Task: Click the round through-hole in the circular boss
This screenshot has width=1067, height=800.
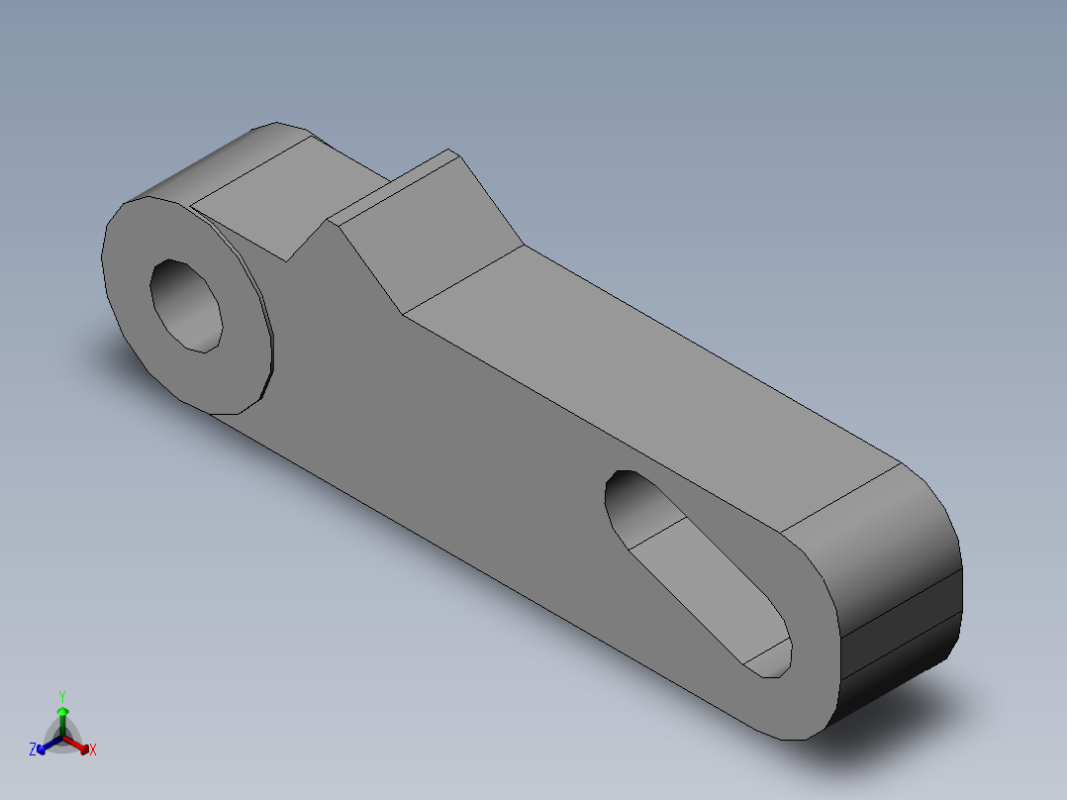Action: [186, 306]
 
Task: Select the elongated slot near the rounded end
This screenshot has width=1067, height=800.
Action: [698, 573]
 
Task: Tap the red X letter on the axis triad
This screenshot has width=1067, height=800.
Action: [93, 750]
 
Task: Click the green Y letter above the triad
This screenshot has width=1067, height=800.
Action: [62, 697]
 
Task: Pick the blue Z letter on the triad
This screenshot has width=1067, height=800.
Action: [33, 750]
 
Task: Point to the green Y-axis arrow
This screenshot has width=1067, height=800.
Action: [62, 721]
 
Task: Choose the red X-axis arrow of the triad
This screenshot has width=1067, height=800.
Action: [76, 744]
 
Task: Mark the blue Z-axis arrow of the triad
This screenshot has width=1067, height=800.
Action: [49, 744]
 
